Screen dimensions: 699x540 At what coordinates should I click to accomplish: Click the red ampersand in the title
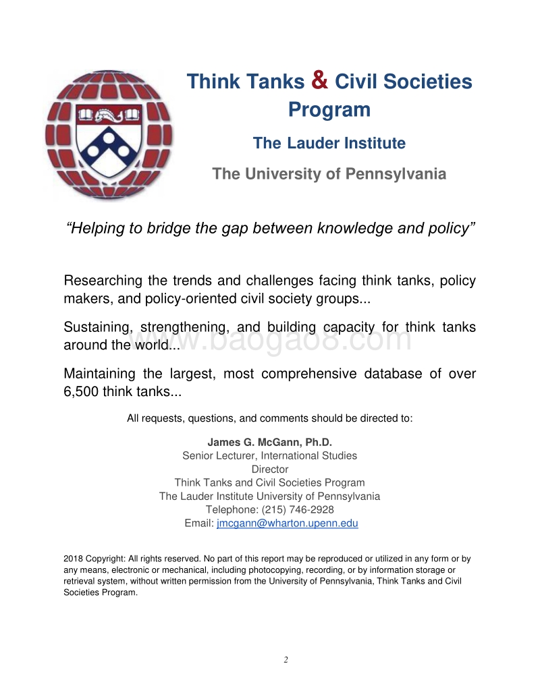(x=321, y=80)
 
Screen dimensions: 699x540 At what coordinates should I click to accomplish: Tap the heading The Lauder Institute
(x=329, y=143)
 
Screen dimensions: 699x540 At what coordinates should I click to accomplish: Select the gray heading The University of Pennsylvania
(x=329, y=174)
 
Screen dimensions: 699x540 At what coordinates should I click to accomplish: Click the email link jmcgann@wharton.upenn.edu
(x=287, y=523)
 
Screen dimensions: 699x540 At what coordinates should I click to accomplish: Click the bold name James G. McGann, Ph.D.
(x=269, y=442)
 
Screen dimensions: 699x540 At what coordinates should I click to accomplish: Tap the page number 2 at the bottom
(x=286, y=659)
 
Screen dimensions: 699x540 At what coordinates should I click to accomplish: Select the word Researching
(x=103, y=281)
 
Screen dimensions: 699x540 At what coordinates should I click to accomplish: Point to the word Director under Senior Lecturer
(x=269, y=469)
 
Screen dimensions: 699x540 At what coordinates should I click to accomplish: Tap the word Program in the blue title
(x=329, y=109)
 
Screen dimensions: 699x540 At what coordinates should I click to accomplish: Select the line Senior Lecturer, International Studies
(x=269, y=455)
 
